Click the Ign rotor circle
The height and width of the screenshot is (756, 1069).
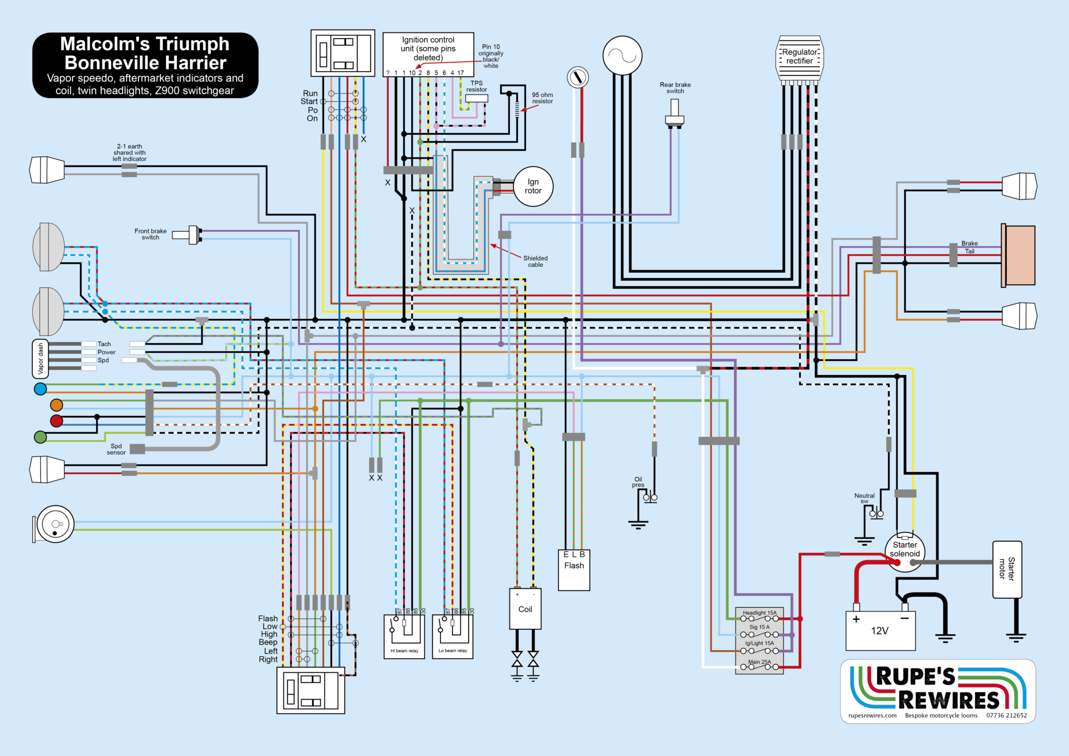(533, 186)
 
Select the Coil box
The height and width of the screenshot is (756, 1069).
(525, 609)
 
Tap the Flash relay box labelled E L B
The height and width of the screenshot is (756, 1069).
(574, 570)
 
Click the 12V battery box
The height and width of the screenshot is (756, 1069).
(880, 631)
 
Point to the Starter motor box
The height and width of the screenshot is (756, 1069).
(1007, 569)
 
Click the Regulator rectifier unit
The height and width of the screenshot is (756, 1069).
(800, 57)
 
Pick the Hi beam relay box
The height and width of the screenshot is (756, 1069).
(404, 636)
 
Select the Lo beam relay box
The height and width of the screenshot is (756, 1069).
(453, 636)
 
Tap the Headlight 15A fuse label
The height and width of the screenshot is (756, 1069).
(759, 612)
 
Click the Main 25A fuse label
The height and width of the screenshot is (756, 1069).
(759, 662)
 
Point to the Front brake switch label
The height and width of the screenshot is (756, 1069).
(150, 234)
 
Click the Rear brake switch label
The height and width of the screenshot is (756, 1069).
(675, 88)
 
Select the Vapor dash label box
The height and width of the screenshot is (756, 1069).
(40, 359)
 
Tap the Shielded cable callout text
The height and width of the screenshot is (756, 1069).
(536, 261)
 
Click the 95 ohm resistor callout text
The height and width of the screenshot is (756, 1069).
(542, 98)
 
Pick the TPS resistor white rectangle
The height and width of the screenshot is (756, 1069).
(476, 98)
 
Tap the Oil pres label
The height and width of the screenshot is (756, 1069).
(638, 482)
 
